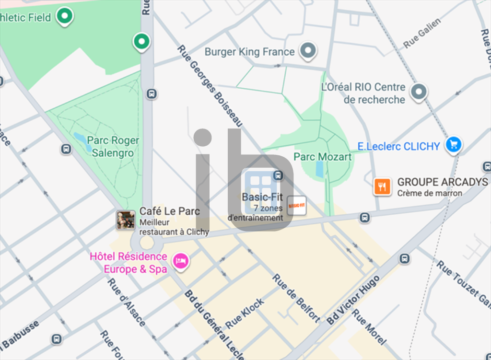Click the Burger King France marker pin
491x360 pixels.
click(x=308, y=50)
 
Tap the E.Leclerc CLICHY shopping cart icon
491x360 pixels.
click(x=453, y=144)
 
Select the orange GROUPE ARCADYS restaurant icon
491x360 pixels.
click(x=382, y=186)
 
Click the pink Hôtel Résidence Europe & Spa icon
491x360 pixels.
click(x=181, y=261)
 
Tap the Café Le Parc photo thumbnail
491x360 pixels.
click(x=126, y=220)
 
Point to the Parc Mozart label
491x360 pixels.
click(x=322, y=157)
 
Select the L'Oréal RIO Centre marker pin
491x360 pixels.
click(x=420, y=91)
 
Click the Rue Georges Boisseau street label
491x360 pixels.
click(x=210, y=85)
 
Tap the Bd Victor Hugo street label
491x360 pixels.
click(x=353, y=300)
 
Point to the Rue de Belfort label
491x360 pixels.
click(x=296, y=297)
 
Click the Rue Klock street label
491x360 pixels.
click(x=245, y=314)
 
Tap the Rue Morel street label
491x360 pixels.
click(x=369, y=327)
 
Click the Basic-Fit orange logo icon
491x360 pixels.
click(x=296, y=205)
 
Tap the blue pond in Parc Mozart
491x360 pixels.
click(x=320, y=170)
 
